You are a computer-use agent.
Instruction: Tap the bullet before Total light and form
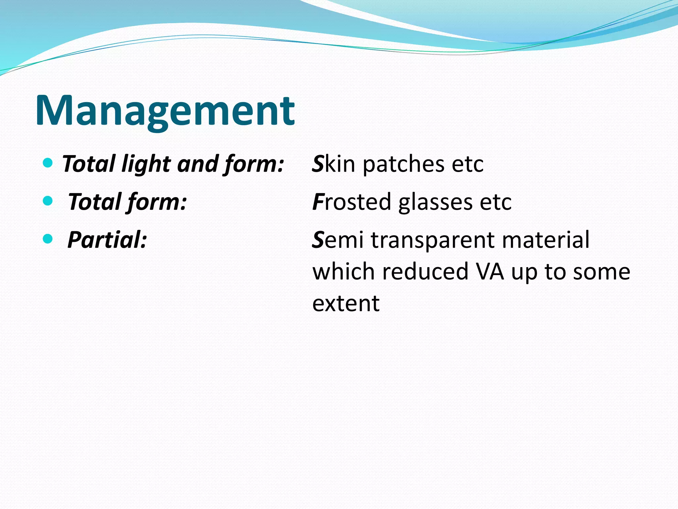point(48,163)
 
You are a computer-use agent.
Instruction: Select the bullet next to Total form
point(48,200)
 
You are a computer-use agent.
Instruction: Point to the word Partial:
point(107,240)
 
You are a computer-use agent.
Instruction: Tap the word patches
point(404,164)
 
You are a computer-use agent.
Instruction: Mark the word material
point(546,240)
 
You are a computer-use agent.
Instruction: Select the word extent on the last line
point(346,303)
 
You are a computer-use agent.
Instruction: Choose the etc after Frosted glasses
point(496,202)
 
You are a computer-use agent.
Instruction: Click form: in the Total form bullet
point(157,202)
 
